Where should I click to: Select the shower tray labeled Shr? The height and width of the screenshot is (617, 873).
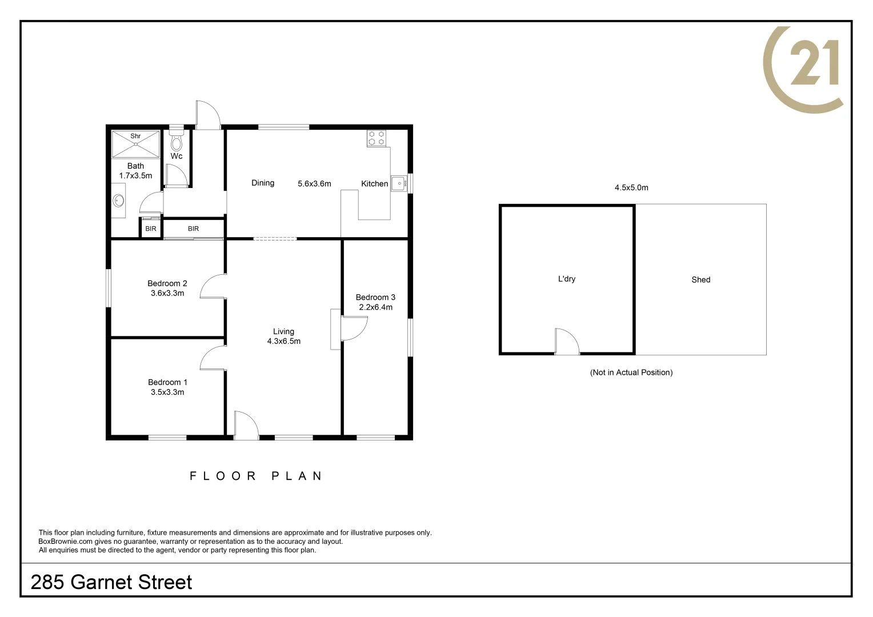(135, 145)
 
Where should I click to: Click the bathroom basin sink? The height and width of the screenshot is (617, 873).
(119, 201)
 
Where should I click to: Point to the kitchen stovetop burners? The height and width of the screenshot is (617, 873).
(377, 138)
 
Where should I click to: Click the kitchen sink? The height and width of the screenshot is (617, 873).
(399, 184)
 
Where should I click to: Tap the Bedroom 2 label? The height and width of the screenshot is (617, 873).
(167, 283)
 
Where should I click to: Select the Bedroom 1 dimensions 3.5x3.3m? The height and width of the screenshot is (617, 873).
(167, 392)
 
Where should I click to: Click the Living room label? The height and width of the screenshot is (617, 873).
(283, 331)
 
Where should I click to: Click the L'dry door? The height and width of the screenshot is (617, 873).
(567, 342)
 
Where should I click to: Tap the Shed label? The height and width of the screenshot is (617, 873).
(700, 279)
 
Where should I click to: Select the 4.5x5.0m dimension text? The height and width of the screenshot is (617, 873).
(631, 187)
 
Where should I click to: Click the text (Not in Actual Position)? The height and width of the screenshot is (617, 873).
(631, 372)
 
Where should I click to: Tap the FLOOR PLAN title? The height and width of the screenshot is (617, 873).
(256, 476)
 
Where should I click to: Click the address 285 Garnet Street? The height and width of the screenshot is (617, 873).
(111, 582)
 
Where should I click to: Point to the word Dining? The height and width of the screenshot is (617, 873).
(263, 183)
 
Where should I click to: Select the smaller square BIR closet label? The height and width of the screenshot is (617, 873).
(151, 229)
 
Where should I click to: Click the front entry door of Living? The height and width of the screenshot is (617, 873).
(246, 426)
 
